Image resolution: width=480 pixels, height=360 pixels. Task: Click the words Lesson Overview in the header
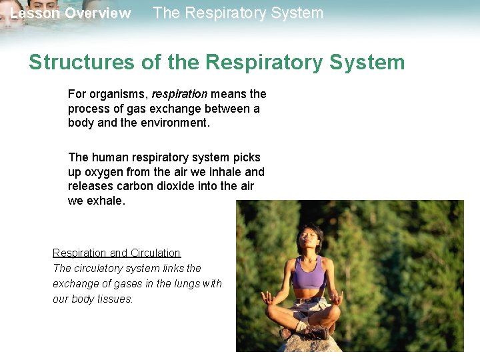point(71,13)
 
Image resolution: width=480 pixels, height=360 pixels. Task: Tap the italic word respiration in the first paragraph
point(179,95)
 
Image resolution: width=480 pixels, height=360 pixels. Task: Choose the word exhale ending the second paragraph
point(105,200)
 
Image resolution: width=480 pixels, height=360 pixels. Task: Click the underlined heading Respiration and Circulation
point(117,253)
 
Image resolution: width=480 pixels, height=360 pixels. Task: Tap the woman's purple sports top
point(309,273)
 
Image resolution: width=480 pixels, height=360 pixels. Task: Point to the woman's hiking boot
point(315,331)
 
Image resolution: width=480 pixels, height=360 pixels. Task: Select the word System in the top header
point(296,13)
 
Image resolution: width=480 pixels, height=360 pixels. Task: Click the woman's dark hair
point(313,229)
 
